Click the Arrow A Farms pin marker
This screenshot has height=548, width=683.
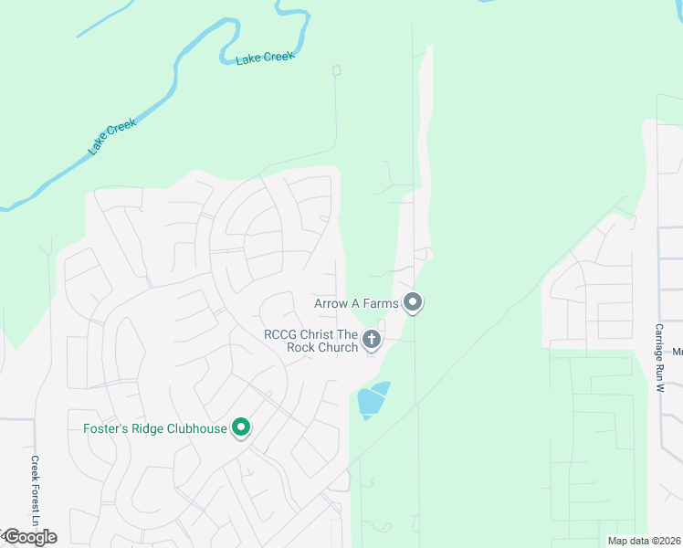coord(413,301)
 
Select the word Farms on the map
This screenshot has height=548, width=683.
coord(382,303)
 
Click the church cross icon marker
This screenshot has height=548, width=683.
coord(372,340)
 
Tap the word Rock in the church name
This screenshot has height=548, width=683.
coord(302,347)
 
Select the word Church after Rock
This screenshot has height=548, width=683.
coord(338,347)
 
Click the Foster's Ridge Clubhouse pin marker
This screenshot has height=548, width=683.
coord(241,427)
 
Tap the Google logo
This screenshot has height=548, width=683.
coord(30,537)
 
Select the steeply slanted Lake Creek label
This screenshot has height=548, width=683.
coord(111,135)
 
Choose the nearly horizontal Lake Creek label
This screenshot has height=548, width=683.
coord(265,58)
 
